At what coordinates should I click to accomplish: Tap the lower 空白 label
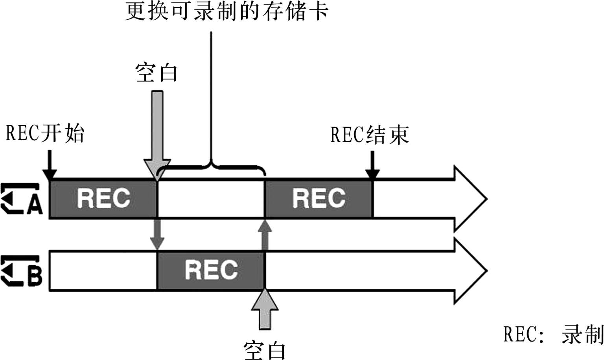[264, 350]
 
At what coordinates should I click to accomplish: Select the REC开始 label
[45, 133]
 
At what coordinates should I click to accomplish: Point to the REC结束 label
[369, 135]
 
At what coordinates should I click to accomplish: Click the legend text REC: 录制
[553, 335]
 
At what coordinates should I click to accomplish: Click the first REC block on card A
[103, 198]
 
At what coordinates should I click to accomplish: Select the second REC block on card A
[319, 198]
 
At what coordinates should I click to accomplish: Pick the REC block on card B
[211, 270]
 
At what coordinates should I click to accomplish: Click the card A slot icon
[22, 199]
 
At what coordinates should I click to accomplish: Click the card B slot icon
[22, 271]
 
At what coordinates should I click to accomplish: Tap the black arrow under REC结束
[372, 167]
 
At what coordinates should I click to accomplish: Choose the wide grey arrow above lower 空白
[265, 309]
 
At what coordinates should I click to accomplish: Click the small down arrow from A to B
[157, 234]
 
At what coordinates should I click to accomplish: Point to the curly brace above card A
[211, 167]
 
